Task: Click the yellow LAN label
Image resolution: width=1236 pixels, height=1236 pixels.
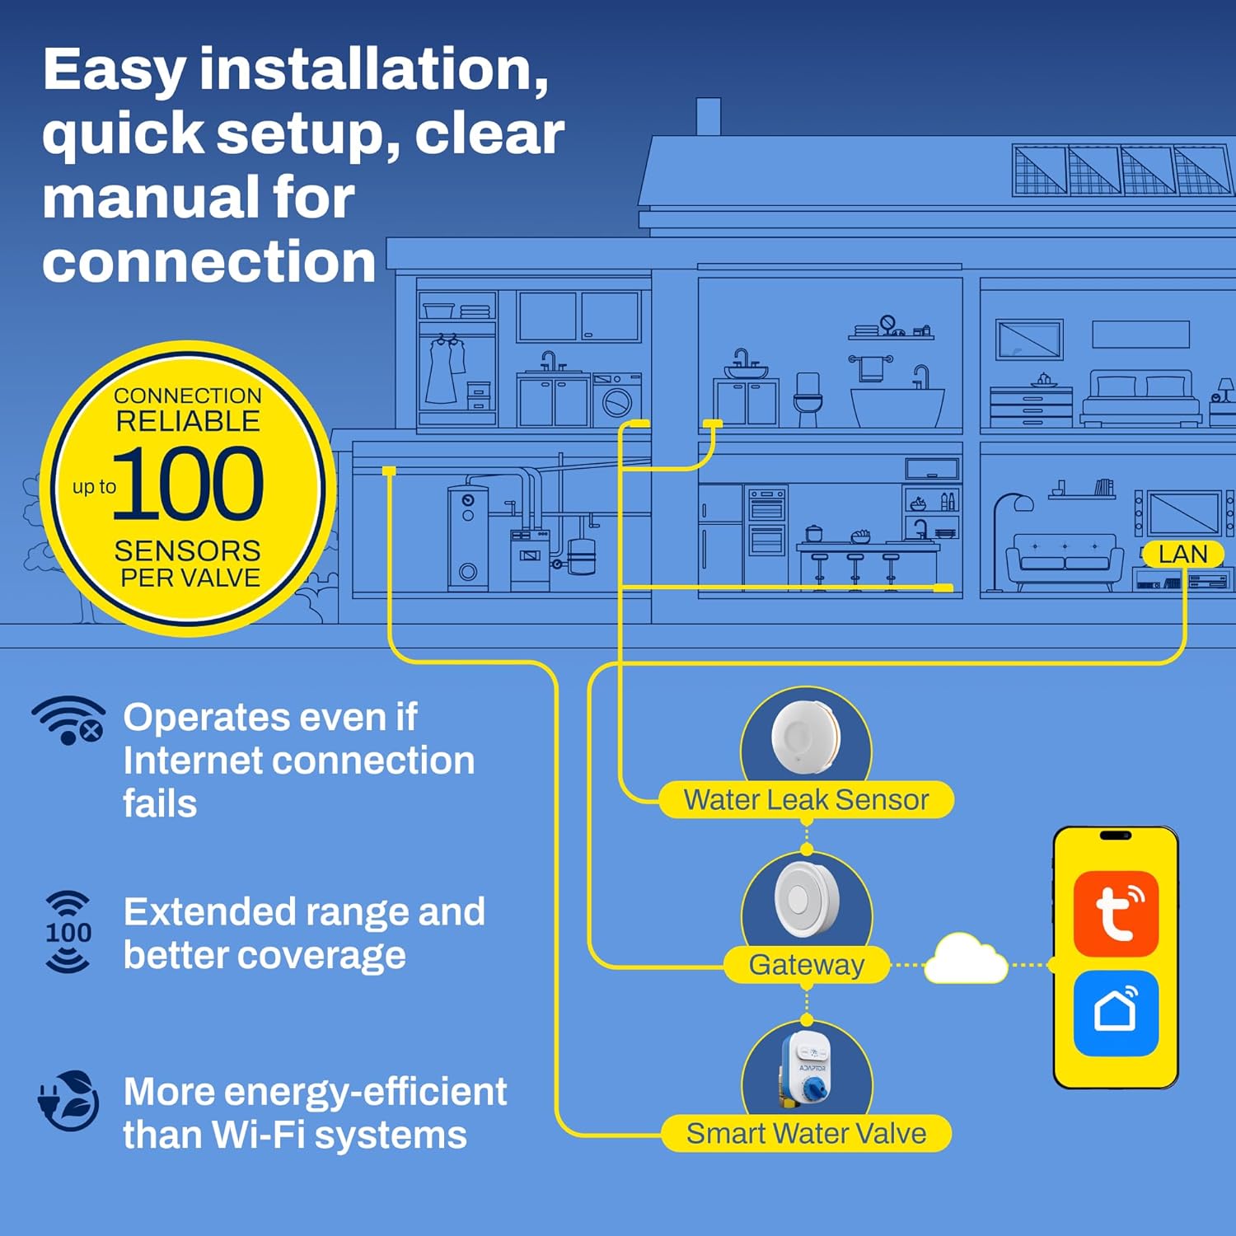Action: pos(1182,554)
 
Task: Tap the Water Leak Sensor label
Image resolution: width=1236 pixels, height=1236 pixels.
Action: pos(806,799)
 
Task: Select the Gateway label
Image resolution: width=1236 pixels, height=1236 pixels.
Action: pos(807,964)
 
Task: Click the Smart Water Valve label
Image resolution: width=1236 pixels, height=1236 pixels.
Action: pos(806,1133)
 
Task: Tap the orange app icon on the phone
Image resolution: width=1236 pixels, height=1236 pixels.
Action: pos(1116,913)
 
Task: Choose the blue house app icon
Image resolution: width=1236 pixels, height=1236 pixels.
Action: pos(1116,1013)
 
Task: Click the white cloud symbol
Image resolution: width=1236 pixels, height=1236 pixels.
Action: pos(966,959)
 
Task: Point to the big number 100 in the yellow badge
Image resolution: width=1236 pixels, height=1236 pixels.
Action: pos(188,484)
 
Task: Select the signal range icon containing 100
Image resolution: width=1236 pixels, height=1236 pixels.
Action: pos(68,932)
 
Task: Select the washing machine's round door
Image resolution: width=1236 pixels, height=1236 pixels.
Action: pos(616,403)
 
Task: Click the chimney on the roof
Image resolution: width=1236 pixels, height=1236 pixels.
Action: pos(709,117)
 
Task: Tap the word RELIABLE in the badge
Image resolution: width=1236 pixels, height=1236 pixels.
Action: pos(188,421)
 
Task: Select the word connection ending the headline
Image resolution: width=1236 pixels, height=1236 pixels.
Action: pos(209,262)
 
